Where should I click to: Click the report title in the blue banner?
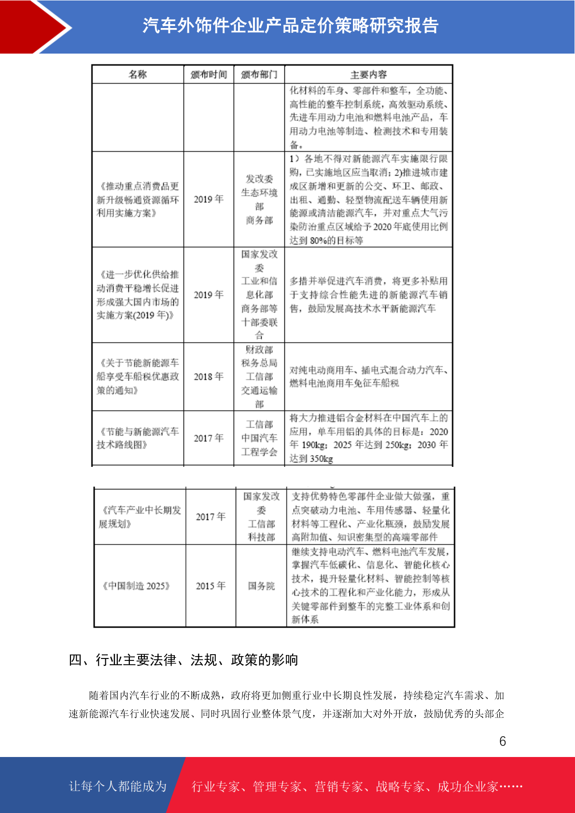(x=290, y=26)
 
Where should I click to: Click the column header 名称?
(x=138, y=74)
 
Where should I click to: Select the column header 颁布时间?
(x=209, y=74)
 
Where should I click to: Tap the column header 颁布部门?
(x=259, y=74)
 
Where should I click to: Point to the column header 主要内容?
(x=368, y=74)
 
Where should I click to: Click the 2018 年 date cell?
(x=209, y=377)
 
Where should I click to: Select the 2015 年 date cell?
(x=210, y=586)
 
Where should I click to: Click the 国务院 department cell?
(x=261, y=586)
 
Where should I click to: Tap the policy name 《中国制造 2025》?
(x=137, y=586)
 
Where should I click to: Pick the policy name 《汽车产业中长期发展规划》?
(x=140, y=517)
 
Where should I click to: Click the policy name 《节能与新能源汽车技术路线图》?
(x=138, y=438)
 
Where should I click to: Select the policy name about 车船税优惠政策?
(x=138, y=377)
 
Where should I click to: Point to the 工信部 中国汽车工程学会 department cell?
(x=259, y=438)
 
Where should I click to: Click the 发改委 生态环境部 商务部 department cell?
(x=259, y=199)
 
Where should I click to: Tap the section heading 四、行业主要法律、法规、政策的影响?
(x=183, y=659)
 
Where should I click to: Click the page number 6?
(x=503, y=741)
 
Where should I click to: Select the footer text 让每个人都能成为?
(x=118, y=786)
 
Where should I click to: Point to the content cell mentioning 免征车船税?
(x=368, y=377)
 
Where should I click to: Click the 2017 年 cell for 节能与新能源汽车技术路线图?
(x=209, y=438)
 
